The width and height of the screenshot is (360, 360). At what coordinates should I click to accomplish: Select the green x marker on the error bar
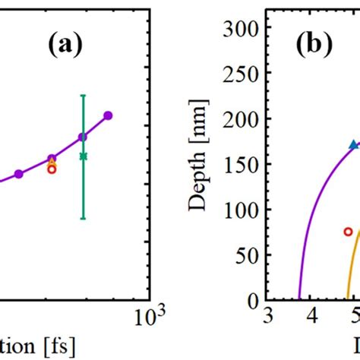click(84, 156)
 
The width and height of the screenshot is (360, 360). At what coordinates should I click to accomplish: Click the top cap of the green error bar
click(84, 95)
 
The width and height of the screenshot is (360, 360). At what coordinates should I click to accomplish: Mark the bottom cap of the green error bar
click(84, 219)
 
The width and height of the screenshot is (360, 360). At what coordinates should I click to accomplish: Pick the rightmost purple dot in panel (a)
click(108, 115)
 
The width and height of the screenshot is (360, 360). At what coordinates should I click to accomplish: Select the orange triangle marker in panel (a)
click(52, 163)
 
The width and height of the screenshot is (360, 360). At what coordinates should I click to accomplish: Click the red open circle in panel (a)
click(52, 169)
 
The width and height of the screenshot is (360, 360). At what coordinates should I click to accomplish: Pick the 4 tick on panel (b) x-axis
click(311, 316)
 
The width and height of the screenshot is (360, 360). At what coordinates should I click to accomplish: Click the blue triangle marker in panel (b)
click(352, 144)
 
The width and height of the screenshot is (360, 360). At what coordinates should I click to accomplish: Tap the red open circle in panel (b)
click(348, 232)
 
